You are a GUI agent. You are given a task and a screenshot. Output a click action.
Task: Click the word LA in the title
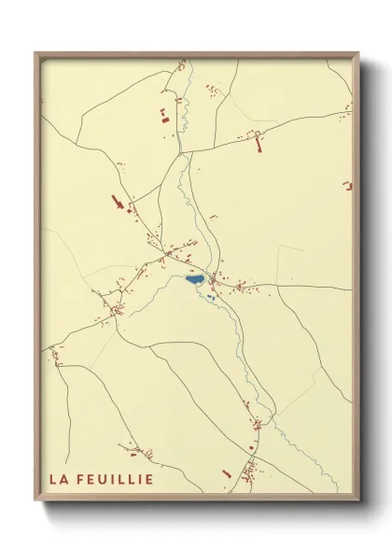[58, 480]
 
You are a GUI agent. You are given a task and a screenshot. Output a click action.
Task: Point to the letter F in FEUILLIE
[81, 480]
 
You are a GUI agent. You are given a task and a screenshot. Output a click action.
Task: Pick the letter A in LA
[63, 480]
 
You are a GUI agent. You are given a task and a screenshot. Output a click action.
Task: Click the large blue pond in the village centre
[195, 279]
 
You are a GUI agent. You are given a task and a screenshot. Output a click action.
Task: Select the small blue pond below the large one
[211, 297]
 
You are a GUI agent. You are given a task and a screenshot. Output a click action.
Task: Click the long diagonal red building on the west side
[119, 202]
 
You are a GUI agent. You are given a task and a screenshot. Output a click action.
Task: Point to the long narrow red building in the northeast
[259, 143]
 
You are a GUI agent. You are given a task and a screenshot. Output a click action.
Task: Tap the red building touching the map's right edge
[348, 186]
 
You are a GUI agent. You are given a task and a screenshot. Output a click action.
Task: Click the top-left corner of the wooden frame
[35, 53]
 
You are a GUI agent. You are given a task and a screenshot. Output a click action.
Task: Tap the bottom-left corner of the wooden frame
[35, 501]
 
